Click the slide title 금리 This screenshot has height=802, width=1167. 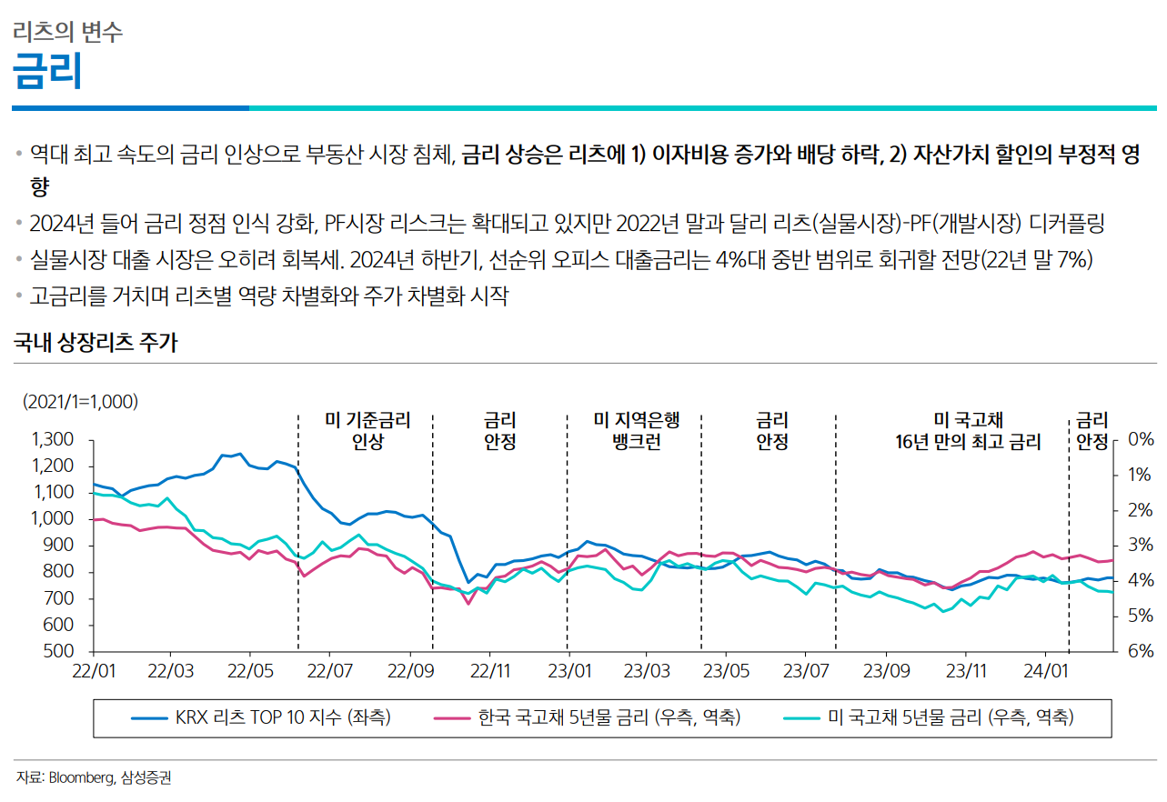click(x=47, y=71)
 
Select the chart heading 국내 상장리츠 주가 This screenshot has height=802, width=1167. click(x=96, y=343)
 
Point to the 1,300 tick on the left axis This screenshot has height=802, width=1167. click(x=52, y=440)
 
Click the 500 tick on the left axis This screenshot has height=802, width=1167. click(x=60, y=652)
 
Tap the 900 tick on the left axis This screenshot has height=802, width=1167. click(x=60, y=546)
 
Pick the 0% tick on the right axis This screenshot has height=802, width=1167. click(x=1140, y=439)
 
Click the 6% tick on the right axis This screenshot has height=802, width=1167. click(x=1140, y=652)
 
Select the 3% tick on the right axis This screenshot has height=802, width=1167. click(x=1140, y=546)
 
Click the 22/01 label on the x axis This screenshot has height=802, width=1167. click(x=94, y=672)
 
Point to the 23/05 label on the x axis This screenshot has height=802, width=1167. click(x=727, y=672)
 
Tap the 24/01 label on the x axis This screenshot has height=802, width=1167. click(x=1043, y=672)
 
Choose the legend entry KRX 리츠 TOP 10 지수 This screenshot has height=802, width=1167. click(x=282, y=717)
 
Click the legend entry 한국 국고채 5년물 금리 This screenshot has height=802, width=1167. click(x=609, y=717)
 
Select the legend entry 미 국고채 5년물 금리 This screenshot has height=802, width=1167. click(x=951, y=717)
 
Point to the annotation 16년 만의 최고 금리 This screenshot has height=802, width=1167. click(x=968, y=443)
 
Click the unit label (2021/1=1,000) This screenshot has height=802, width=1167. click(x=80, y=401)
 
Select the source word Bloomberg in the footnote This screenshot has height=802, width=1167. click(x=82, y=777)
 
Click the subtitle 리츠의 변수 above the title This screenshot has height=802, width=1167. click(x=68, y=33)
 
